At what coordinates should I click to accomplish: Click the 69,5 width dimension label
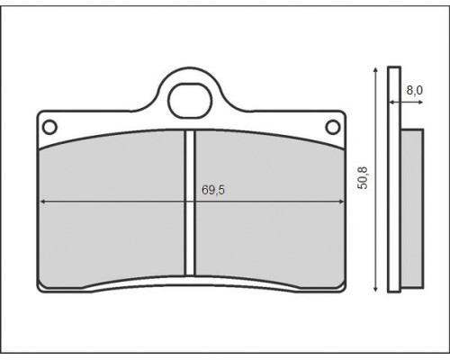pyautogui.click(x=213, y=190)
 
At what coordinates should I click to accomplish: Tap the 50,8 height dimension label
pyautogui.click(x=363, y=178)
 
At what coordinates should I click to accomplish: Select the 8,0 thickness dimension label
pyautogui.click(x=414, y=90)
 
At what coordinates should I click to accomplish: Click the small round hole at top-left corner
pyautogui.click(x=49, y=127)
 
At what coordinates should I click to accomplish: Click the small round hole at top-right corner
pyautogui.click(x=333, y=127)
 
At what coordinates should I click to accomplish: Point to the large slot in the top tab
pyautogui.click(x=190, y=100)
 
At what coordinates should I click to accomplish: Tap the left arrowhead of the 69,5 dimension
pyautogui.click(x=42, y=202)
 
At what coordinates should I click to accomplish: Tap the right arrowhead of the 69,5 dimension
pyautogui.click(x=341, y=202)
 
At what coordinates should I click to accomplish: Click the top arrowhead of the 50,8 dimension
pyautogui.click(x=375, y=70)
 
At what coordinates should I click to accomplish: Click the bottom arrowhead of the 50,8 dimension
pyautogui.click(x=375, y=289)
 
